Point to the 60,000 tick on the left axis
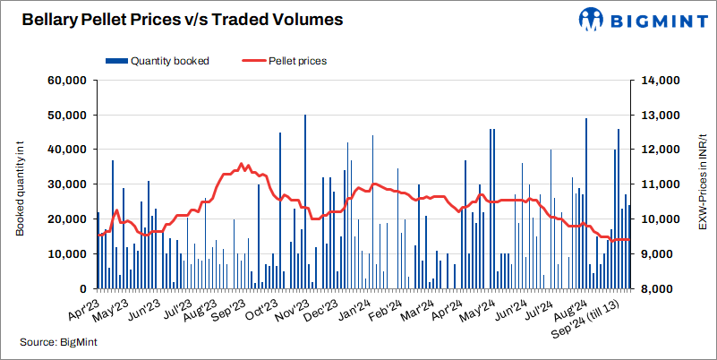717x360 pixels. pyautogui.click(x=64, y=81)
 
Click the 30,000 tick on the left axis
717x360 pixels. pyautogui.click(x=64, y=184)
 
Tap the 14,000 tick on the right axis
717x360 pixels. pyautogui.click(x=658, y=81)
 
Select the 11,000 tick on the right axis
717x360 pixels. pyautogui.click(x=658, y=184)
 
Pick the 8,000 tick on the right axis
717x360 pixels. pyautogui.click(x=658, y=289)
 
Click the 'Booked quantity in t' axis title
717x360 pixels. pyautogui.click(x=20, y=184)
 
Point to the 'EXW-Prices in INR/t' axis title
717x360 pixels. pyautogui.click(x=702, y=184)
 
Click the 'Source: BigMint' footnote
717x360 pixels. pyautogui.click(x=59, y=342)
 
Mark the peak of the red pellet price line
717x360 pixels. pyautogui.click(x=240, y=164)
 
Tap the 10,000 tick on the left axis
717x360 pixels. pyautogui.click(x=64, y=254)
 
